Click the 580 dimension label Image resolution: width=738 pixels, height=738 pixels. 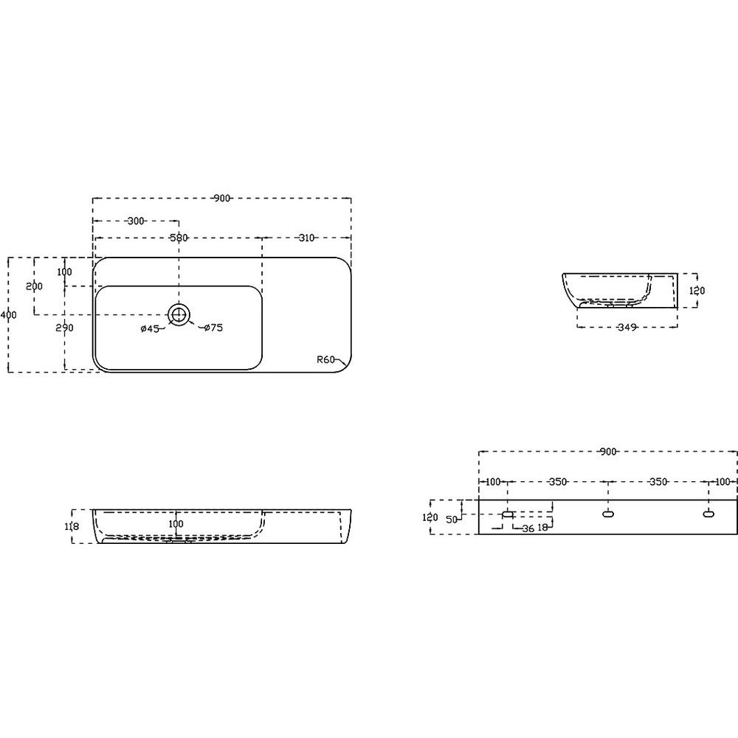coord(179,238)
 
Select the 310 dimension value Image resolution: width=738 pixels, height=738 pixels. coord(306,238)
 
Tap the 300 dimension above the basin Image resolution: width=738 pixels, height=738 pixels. coord(136,221)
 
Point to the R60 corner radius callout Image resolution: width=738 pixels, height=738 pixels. coord(325,360)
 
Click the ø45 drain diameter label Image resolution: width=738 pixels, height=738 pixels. coord(150,329)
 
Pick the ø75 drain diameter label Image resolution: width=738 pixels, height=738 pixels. coord(214,328)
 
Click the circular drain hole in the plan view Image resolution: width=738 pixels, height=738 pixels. coord(179,314)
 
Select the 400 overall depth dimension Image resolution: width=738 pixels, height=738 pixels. coord(8,314)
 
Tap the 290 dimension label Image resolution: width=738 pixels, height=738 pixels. coord(64,328)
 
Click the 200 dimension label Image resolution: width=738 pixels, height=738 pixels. coord(35,286)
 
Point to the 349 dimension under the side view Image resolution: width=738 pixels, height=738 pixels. coord(627,327)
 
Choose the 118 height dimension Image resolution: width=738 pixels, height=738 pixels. coord(72,527)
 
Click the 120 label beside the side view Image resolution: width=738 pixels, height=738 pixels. coord(697,291)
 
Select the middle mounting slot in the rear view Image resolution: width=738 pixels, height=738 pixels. coord(608,514)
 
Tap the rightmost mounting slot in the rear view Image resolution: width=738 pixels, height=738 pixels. coord(708,514)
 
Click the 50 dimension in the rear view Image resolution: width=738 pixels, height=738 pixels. coord(452,520)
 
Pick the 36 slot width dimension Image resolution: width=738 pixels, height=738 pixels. coord(528,528)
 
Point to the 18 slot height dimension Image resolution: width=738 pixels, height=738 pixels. coord(542,528)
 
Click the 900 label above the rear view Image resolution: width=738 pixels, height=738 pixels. coord(608,452)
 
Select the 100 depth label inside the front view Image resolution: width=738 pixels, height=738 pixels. coord(176,523)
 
